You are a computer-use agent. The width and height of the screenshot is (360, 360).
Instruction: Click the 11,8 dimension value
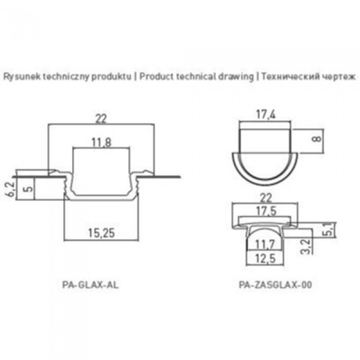[101, 142]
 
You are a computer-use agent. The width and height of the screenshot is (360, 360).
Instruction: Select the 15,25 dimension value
[101, 233]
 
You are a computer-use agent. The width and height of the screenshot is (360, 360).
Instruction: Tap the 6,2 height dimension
[11, 189]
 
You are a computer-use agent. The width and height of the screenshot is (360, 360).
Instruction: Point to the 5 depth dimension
[28, 189]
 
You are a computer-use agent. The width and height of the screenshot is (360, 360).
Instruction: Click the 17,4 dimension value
[266, 115]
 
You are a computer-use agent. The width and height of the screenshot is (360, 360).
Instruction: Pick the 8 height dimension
[317, 139]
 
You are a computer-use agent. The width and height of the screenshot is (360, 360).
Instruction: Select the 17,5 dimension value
[266, 211]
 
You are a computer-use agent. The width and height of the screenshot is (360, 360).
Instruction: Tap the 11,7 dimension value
[265, 245]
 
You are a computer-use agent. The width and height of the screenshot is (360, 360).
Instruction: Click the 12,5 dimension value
[265, 259]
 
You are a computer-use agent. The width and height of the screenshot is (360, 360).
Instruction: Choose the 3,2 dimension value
[306, 247]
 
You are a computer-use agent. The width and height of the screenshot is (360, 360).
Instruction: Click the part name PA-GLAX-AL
[91, 285]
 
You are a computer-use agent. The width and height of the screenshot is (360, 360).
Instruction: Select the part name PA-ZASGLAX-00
[276, 285]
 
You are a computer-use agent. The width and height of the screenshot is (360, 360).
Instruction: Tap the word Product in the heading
[156, 77]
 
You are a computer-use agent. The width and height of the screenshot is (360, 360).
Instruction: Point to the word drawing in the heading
[236, 77]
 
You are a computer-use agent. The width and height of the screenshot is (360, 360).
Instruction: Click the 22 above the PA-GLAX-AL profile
[101, 119]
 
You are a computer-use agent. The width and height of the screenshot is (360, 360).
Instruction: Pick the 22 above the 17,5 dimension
[266, 197]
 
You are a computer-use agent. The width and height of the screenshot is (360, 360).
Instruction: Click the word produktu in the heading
[112, 77]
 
